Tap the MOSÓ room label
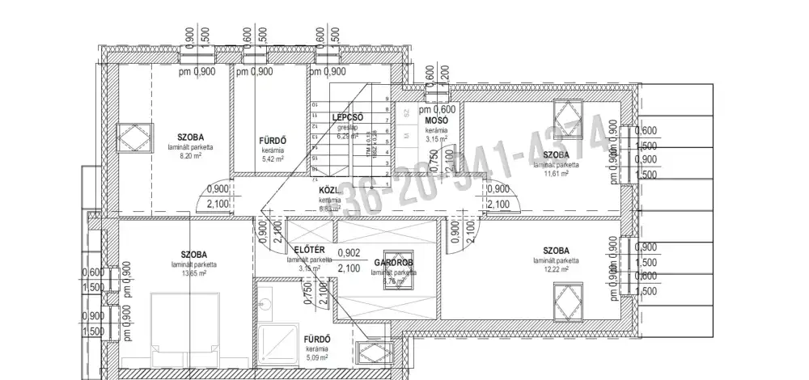pos(438,121)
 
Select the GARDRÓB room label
pos(394,264)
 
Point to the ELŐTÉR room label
pos(310,251)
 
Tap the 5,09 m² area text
pos(316,357)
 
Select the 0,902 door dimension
pos(349,252)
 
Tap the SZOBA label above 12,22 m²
pos(556,251)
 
